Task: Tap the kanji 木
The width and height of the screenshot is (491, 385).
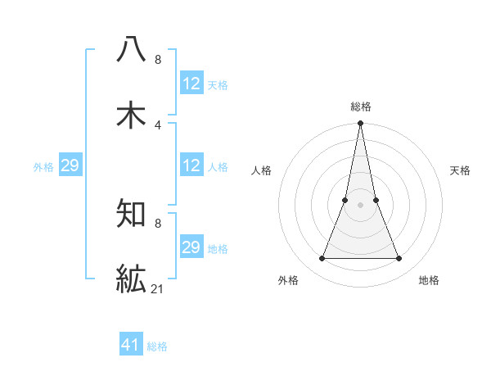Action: [132, 115]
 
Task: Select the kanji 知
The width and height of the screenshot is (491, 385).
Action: [132, 214]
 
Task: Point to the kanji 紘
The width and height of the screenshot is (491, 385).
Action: [132, 279]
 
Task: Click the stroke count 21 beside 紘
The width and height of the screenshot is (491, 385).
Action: [158, 289]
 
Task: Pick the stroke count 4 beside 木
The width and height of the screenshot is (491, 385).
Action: [158, 125]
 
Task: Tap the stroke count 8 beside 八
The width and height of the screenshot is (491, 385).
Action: [158, 59]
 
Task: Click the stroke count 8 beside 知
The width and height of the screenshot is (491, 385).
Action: [158, 223]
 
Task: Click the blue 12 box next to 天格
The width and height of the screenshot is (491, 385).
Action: [191, 84]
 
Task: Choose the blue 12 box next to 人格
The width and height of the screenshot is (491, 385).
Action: [191, 165]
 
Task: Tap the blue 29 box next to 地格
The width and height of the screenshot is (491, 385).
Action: [191, 247]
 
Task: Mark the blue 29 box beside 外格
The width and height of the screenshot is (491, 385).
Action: [70, 165]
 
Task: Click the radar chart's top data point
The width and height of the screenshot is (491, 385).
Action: [360, 125]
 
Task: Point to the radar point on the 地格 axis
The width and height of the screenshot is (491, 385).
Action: [399, 259]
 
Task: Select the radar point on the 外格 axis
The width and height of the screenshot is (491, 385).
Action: [322, 259]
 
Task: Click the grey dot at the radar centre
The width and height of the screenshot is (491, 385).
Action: [360, 206]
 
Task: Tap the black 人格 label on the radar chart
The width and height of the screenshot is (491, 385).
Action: [261, 170]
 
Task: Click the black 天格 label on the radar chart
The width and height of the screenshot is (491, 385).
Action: [460, 170]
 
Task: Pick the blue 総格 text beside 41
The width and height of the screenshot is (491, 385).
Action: [157, 346]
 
